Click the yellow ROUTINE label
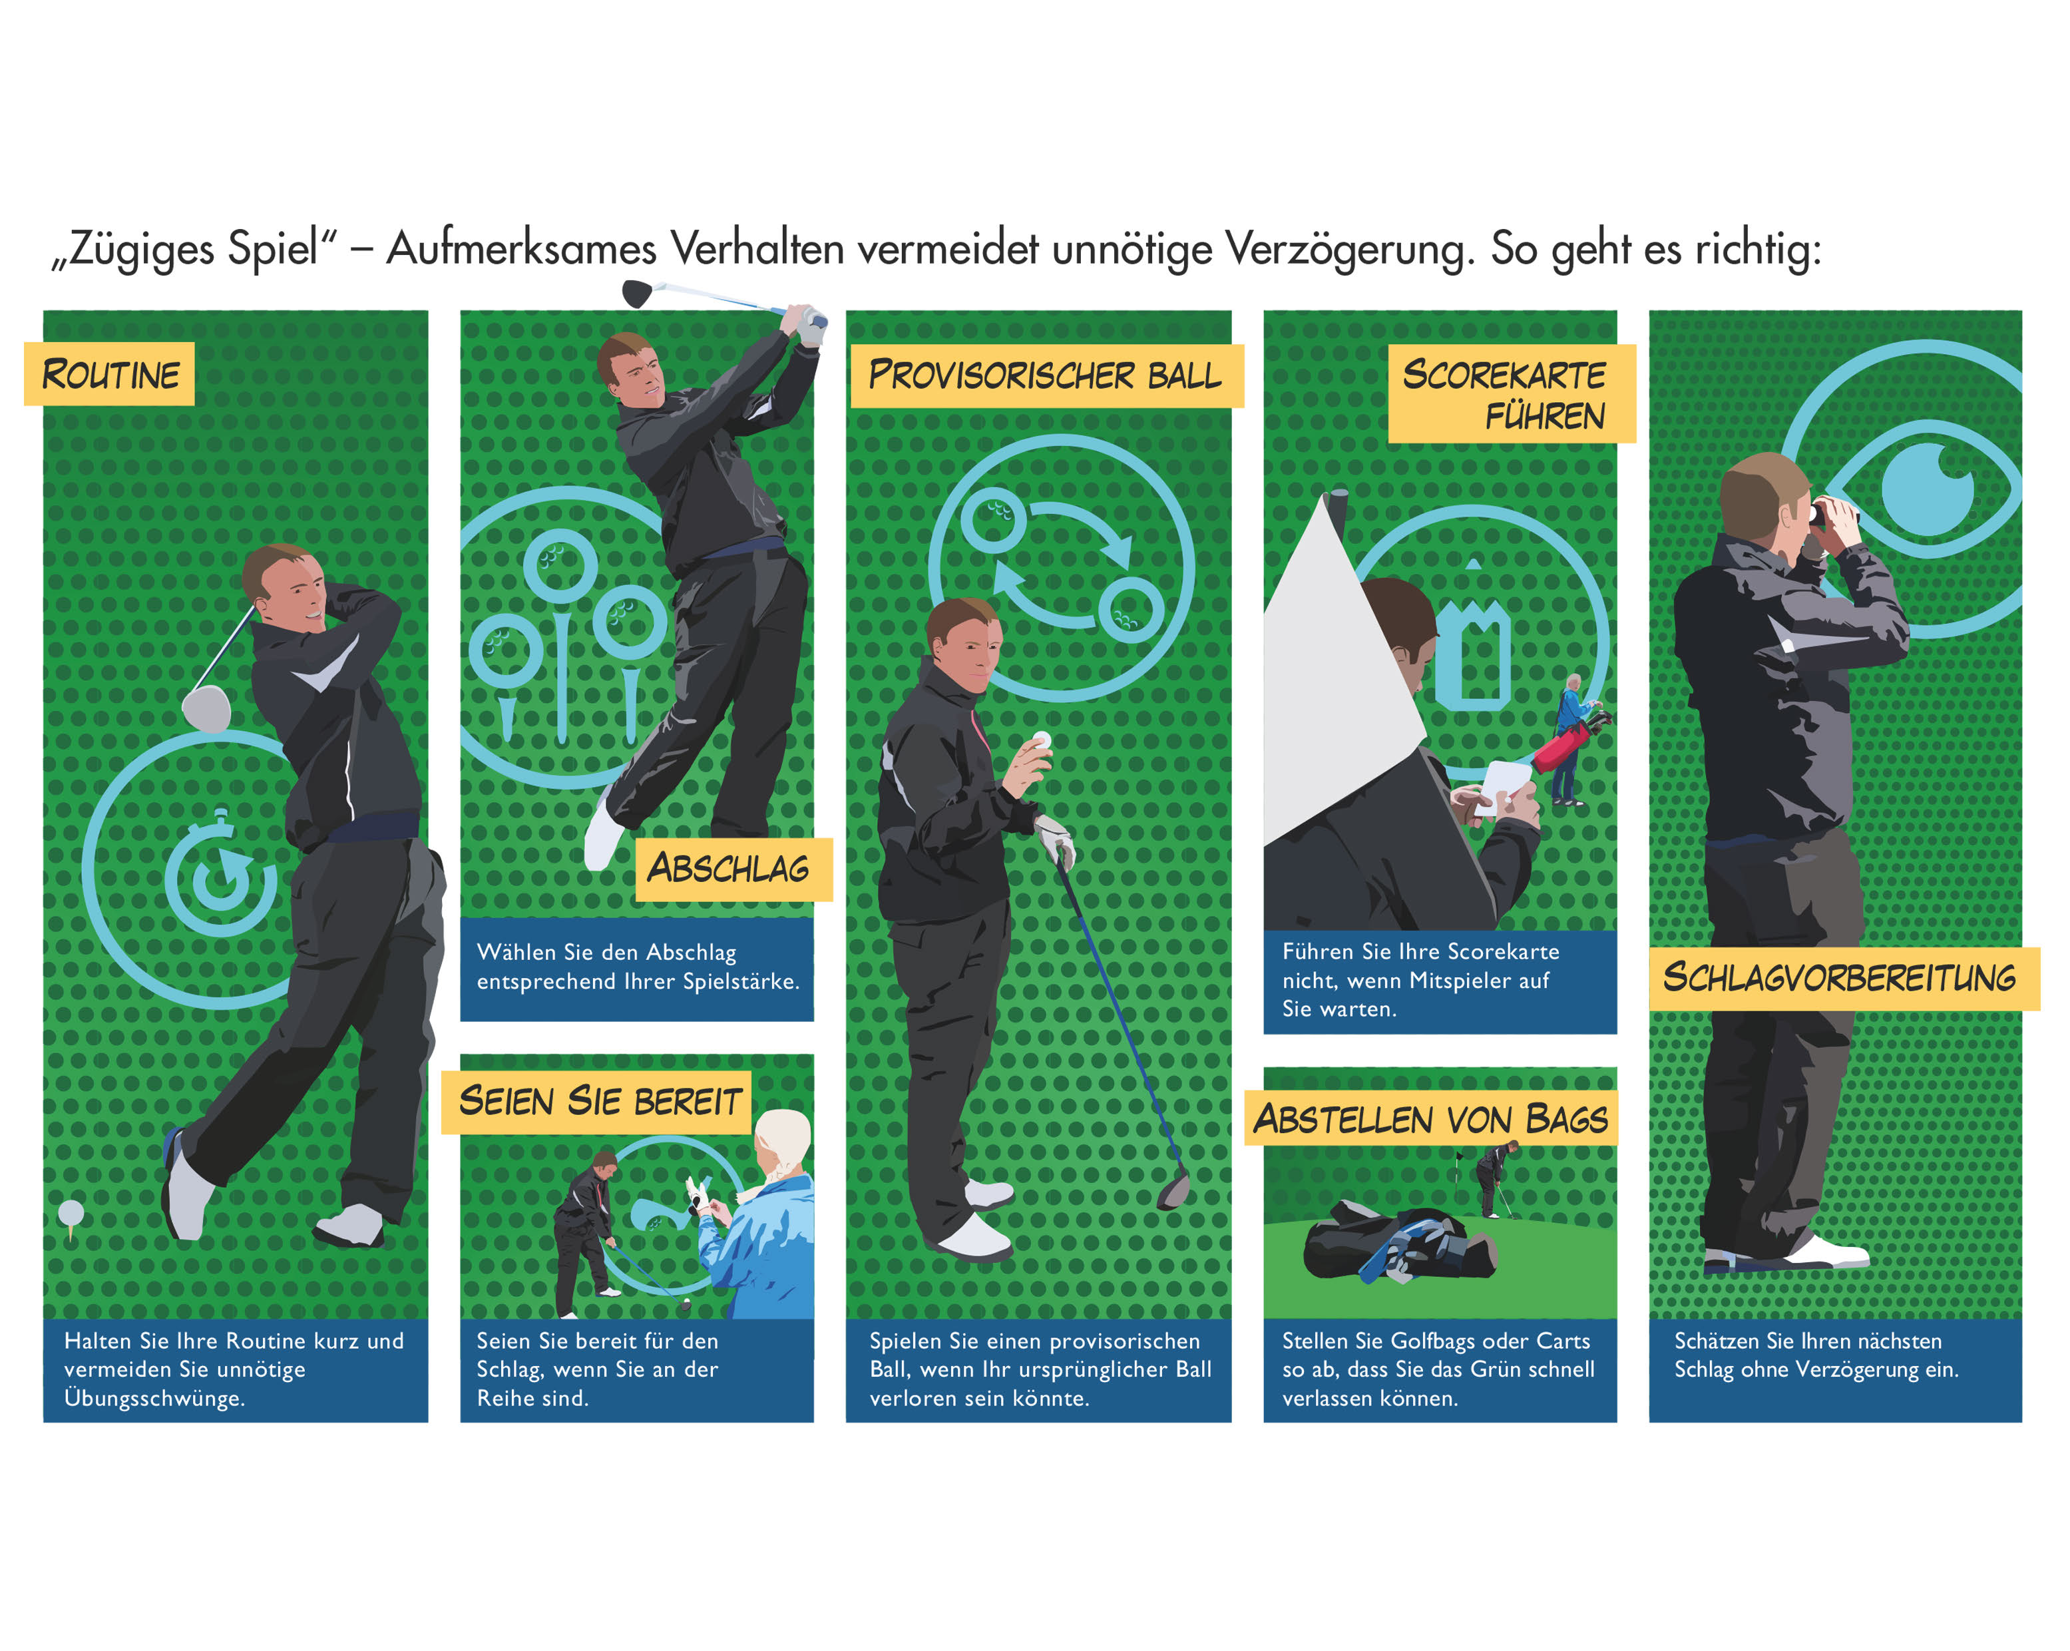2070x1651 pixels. [109, 373]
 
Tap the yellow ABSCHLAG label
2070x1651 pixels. [733, 869]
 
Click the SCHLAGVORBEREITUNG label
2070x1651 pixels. [1844, 978]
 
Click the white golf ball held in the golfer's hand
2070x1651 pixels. [1041, 740]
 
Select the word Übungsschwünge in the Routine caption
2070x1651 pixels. [154, 1399]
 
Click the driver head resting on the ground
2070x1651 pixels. [1174, 1191]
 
